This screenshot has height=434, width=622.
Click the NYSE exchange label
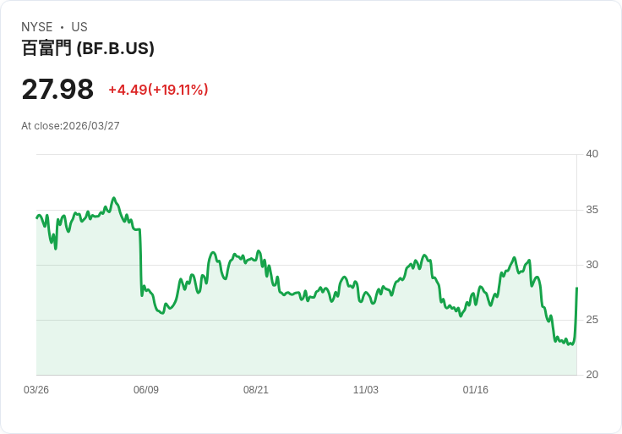coord(37,27)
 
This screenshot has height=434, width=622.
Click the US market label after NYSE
coord(79,27)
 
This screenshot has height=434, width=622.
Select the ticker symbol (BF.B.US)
coord(116,49)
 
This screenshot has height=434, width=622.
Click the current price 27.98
coord(57,89)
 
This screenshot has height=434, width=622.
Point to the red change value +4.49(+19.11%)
coord(158,90)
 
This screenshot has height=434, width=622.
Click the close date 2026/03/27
coord(91,126)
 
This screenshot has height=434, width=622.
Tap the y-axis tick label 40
coord(592,154)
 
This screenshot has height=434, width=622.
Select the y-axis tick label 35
coord(592,210)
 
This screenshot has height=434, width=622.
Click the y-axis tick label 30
coord(592,265)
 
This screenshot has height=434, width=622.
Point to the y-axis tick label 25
coord(592,320)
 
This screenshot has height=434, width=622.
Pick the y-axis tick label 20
coord(592,375)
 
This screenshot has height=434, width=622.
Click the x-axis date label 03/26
coord(36,390)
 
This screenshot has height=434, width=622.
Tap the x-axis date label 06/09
coord(146,390)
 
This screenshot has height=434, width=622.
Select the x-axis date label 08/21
coord(256,390)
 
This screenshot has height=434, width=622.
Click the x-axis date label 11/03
coord(366,390)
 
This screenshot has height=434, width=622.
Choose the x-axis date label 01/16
coord(476,390)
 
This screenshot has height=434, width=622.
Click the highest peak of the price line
coord(114,198)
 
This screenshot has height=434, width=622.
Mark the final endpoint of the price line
coord(576,288)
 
